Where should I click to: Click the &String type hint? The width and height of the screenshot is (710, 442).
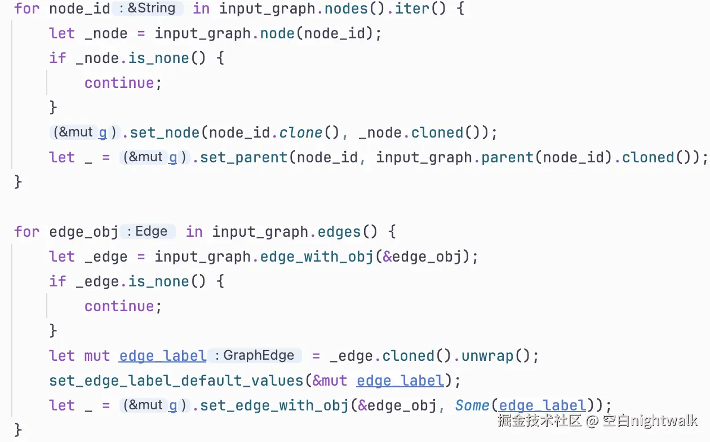pos(152,8)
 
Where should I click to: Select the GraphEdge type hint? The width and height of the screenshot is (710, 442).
pos(259,355)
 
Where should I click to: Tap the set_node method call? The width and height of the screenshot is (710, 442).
pos(165,132)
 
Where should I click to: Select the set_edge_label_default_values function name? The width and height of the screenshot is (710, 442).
pos(177,381)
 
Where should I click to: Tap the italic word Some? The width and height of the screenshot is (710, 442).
pos(472,405)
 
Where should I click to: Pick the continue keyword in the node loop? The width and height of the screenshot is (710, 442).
pos(119,83)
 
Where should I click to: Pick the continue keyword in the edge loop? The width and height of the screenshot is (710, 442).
pos(119,306)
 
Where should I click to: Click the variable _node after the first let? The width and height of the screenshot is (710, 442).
pos(106,33)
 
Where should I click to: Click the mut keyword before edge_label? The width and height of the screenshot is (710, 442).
pos(97,356)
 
